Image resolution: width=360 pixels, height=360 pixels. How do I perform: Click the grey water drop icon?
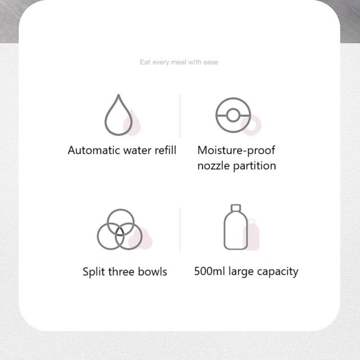[x=106, y=121]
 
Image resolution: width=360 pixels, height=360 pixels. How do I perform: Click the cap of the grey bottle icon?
[x=236, y=208]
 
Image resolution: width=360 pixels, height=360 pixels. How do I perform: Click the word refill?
[x=165, y=150]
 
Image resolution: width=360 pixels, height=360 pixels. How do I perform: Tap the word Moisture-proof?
[x=236, y=151]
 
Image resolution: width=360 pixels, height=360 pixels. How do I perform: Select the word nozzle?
[x=213, y=166]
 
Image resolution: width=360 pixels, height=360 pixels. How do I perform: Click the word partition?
[x=254, y=166]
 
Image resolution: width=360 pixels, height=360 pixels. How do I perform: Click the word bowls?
[x=153, y=272]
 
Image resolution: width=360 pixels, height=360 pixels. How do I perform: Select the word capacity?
[x=278, y=272]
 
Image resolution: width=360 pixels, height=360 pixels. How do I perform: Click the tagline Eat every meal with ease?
[x=179, y=62]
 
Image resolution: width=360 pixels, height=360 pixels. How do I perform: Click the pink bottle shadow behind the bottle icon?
[x=253, y=234]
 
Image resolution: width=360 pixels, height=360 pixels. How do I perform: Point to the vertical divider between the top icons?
[x=180, y=116]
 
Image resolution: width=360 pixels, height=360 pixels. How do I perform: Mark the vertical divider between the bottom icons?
[x=180, y=229]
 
